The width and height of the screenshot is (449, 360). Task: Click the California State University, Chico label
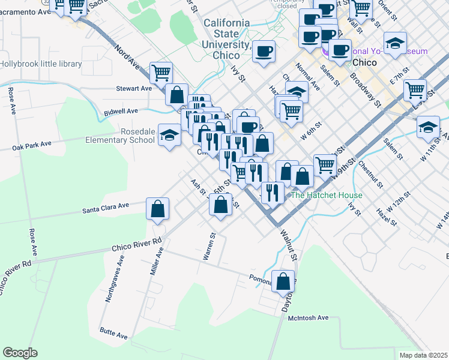tap(227, 39)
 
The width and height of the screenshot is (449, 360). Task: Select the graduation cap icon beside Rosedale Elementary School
tap(169, 136)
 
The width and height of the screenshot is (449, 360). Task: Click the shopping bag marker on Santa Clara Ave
tap(157, 209)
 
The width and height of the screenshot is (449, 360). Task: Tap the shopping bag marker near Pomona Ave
tap(283, 281)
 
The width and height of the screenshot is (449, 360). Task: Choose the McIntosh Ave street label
tap(309, 317)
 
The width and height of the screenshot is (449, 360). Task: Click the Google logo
tap(20, 353)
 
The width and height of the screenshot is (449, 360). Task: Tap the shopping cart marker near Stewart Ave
tap(161, 73)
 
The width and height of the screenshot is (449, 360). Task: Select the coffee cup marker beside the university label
tap(264, 51)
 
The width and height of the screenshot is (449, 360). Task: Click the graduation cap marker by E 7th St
tap(396, 44)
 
